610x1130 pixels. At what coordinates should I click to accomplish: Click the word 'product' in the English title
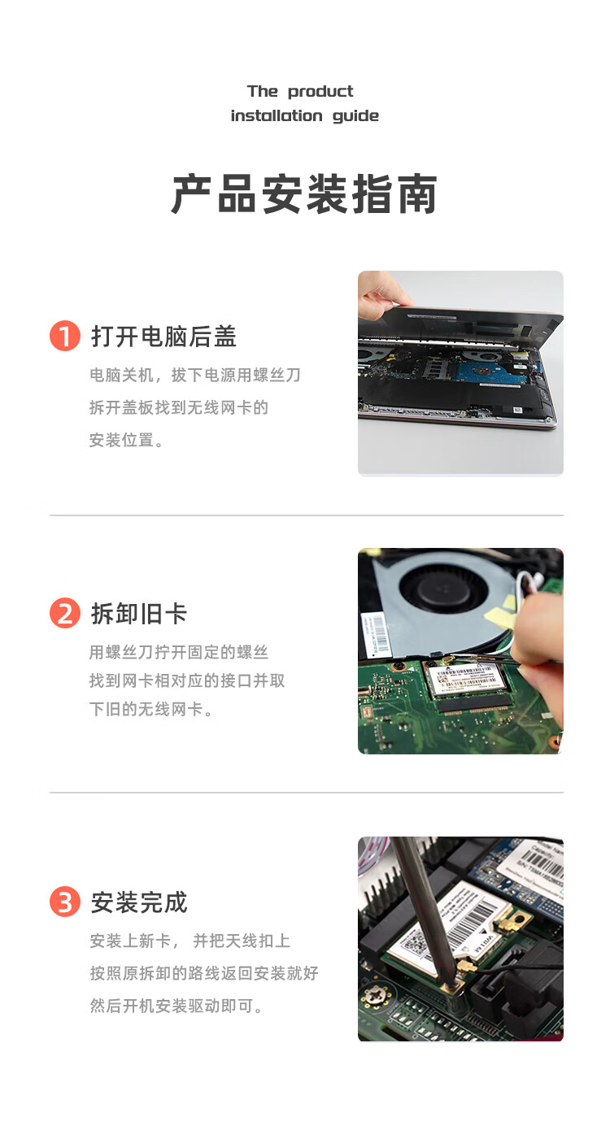tap(320, 92)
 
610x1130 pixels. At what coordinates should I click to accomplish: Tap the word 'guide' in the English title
tap(355, 116)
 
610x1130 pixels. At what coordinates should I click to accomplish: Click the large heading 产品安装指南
tap(304, 194)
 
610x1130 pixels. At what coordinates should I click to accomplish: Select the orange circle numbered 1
tap(64, 336)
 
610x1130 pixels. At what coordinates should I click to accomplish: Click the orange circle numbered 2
tap(64, 613)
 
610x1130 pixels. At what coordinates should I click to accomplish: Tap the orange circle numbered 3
tap(64, 902)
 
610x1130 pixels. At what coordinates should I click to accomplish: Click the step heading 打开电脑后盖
tap(163, 336)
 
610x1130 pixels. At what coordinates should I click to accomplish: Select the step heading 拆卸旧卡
tap(139, 614)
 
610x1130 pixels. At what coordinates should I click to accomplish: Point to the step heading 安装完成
tap(139, 902)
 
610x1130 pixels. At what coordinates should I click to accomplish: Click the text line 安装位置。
tap(126, 440)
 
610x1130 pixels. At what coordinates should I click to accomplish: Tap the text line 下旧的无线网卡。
tap(150, 709)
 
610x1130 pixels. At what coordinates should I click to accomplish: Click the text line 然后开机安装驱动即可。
tap(176, 1006)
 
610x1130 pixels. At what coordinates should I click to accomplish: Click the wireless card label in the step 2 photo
tap(464, 676)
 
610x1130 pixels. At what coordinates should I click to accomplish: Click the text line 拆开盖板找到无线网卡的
tap(179, 407)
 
